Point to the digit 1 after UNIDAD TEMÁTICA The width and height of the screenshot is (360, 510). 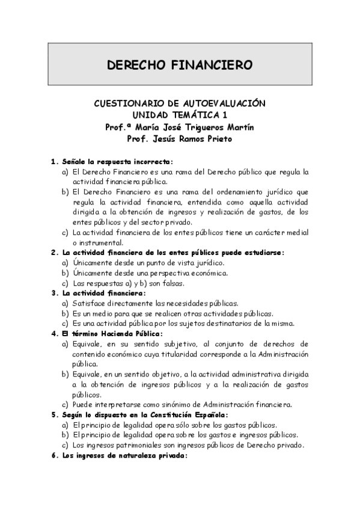225,115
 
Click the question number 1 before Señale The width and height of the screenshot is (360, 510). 53,162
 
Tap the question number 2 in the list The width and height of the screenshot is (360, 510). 53,253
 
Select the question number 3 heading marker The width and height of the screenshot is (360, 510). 53,293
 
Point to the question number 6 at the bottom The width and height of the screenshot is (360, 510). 53,455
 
